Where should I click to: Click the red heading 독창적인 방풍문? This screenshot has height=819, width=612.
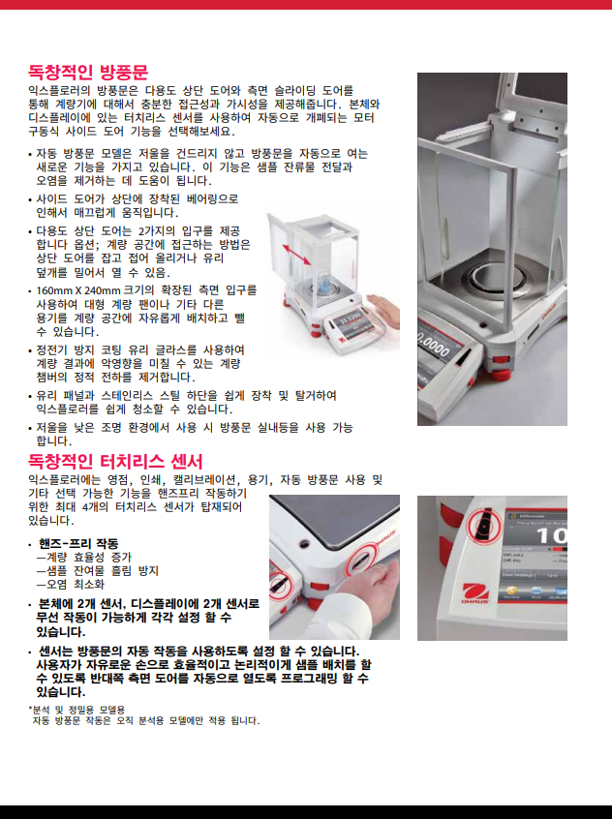[88, 72]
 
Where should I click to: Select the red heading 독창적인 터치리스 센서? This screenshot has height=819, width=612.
[115, 461]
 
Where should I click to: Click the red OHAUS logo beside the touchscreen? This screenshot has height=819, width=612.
[475, 593]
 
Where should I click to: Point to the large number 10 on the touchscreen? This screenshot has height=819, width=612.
[551, 536]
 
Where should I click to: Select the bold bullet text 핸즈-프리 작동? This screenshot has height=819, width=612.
[78, 544]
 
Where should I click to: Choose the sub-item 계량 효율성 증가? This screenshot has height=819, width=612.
[83, 558]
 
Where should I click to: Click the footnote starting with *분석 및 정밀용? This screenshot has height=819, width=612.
[76, 710]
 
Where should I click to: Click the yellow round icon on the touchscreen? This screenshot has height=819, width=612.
[511, 591]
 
